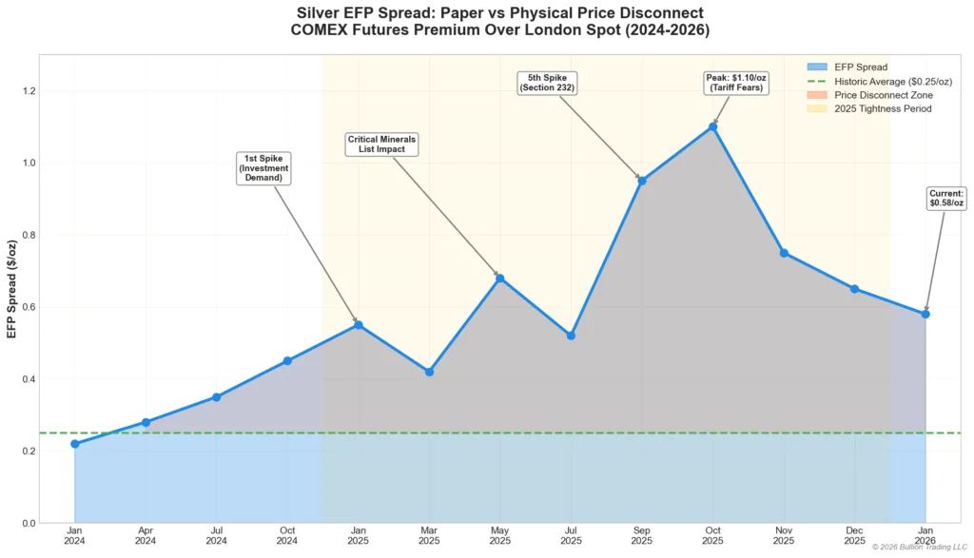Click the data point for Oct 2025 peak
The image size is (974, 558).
click(712, 126)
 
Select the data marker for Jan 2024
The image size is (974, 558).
click(75, 444)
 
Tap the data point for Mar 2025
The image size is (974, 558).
click(429, 372)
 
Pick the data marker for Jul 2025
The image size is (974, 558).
click(571, 336)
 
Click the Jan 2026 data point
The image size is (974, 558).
click(925, 314)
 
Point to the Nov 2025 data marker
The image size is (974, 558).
click(784, 253)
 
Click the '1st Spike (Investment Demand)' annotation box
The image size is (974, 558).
click(263, 167)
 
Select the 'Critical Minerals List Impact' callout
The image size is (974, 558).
click(381, 144)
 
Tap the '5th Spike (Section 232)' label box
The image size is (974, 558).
click(549, 83)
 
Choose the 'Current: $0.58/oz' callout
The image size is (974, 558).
click(946, 198)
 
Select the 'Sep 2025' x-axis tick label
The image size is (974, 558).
click(642, 535)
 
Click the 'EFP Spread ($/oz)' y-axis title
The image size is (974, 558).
click(11, 288)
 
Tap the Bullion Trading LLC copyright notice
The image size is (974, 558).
click(920, 547)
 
